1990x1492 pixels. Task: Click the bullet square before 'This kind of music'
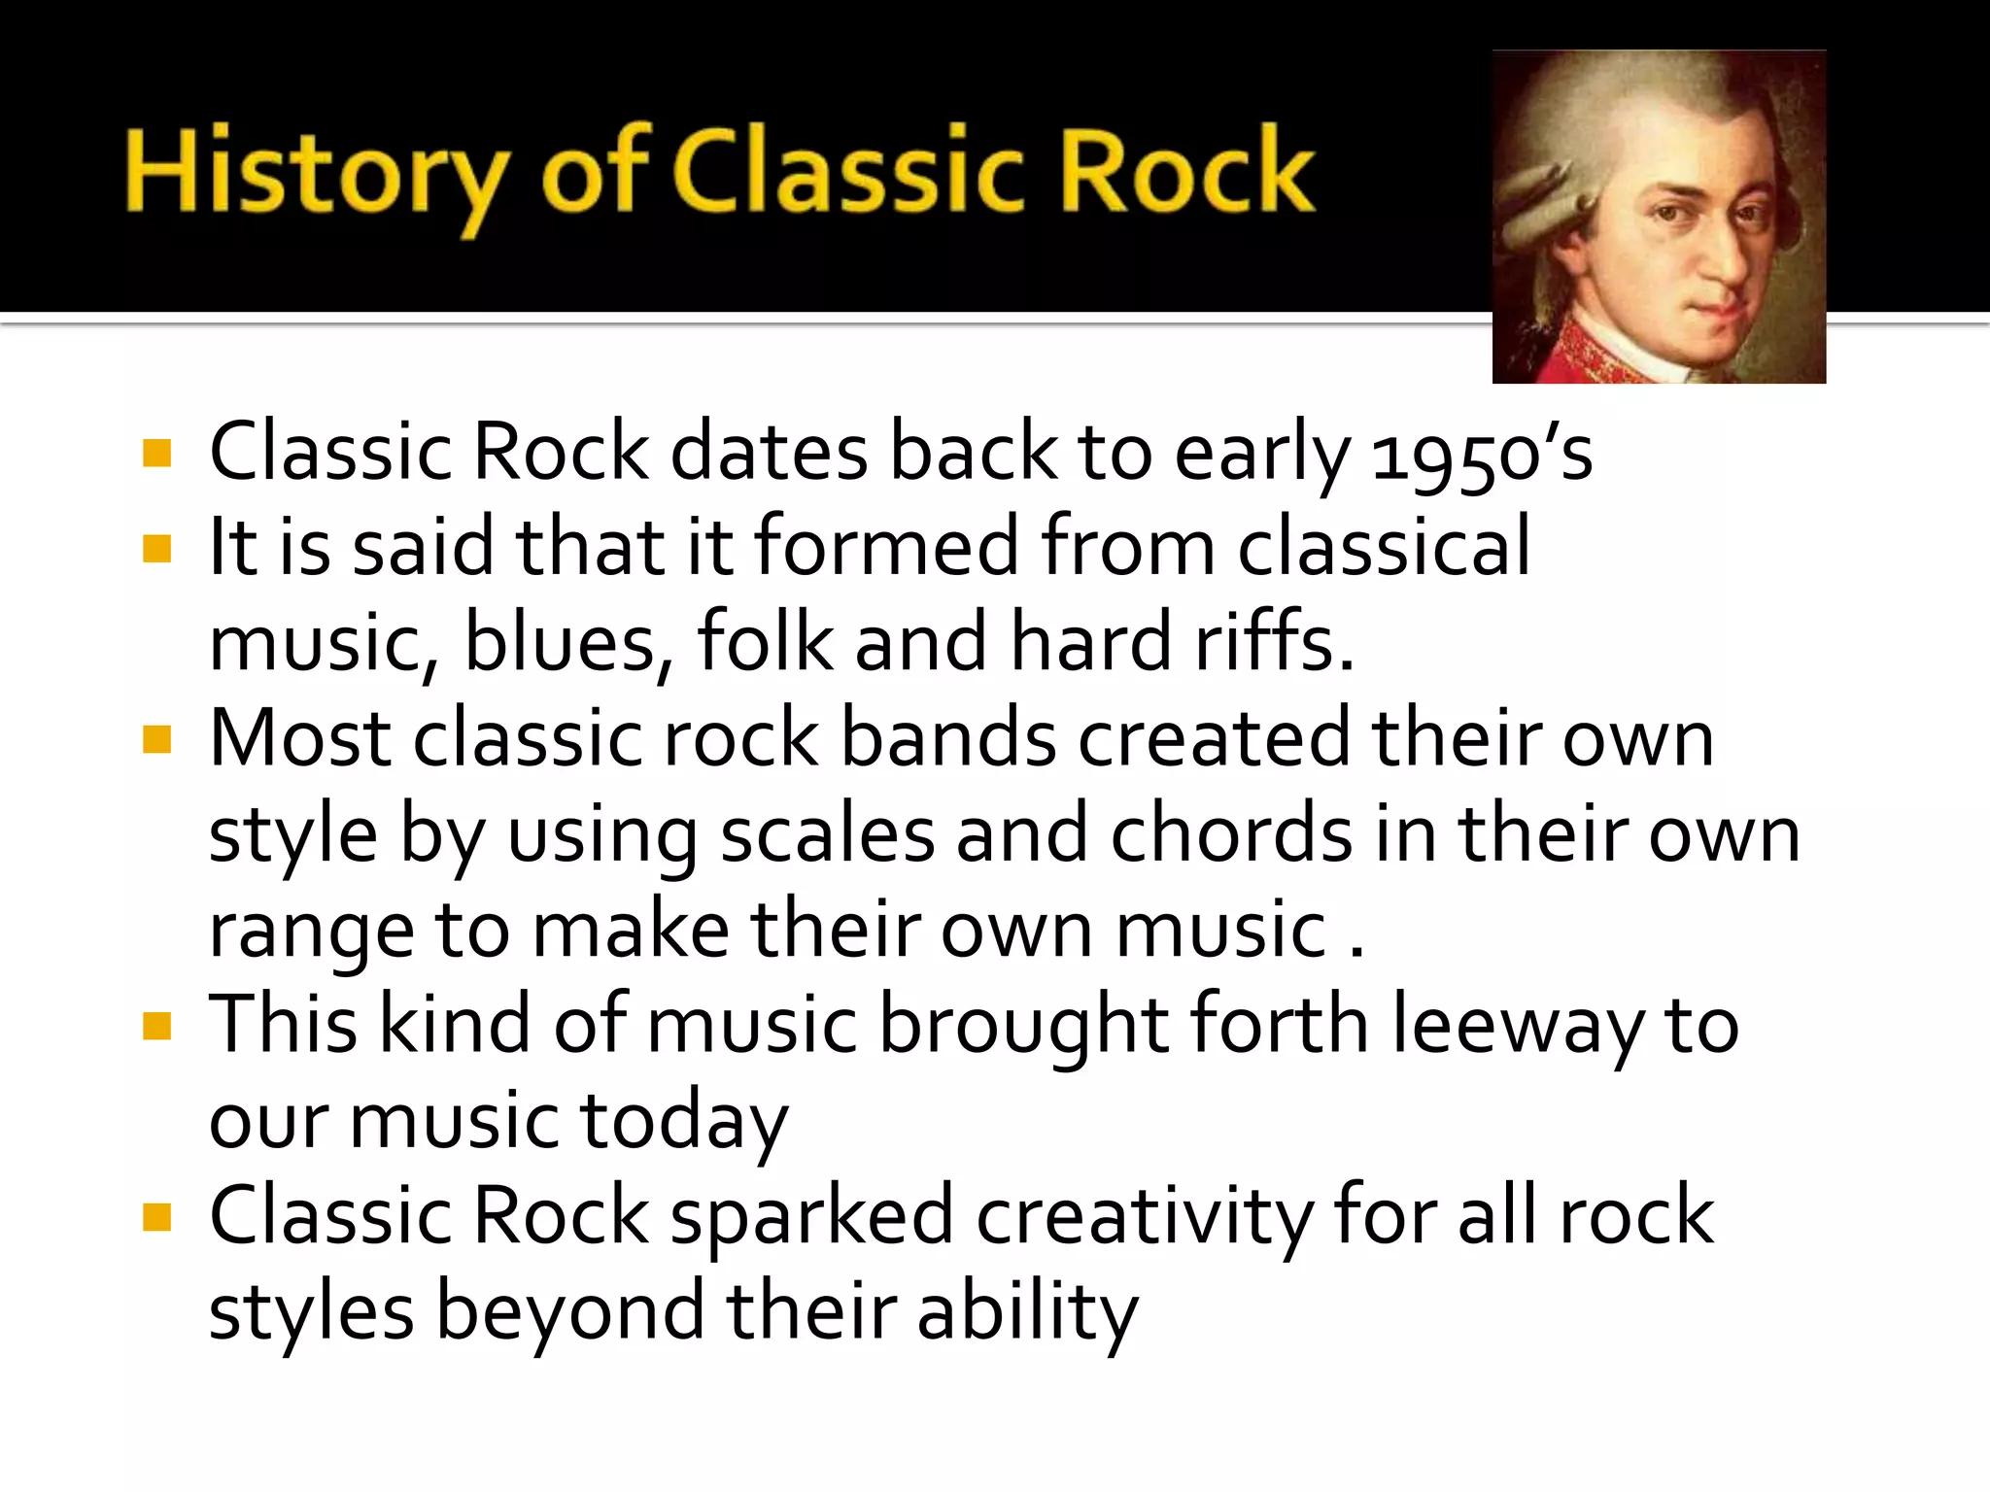[x=156, y=1026]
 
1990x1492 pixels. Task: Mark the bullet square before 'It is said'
[x=156, y=550]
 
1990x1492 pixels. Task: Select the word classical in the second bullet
[x=1384, y=548]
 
